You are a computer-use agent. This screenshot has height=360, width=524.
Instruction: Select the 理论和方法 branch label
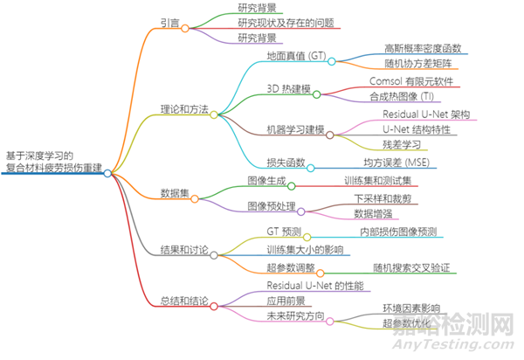point(183,110)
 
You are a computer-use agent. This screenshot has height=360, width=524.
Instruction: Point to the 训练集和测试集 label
point(382,181)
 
